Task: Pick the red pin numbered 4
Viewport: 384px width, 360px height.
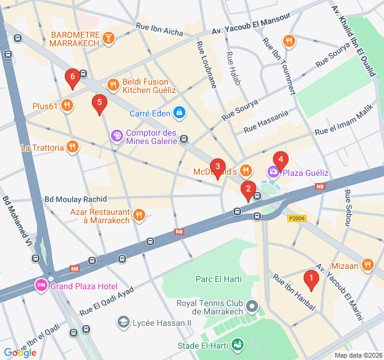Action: (280, 160)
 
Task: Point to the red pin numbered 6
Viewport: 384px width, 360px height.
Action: (73, 77)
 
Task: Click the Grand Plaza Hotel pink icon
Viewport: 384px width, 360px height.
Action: (41, 284)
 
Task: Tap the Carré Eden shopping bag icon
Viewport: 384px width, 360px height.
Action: (179, 112)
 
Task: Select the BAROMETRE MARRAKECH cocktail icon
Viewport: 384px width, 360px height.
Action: (108, 38)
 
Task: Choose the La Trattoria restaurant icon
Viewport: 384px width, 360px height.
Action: (73, 146)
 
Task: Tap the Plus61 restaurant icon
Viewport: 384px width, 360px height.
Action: (67, 106)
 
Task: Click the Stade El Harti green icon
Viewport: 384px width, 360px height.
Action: (238, 345)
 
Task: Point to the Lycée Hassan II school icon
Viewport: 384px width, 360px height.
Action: (123, 322)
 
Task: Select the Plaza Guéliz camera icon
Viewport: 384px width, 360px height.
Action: (274, 173)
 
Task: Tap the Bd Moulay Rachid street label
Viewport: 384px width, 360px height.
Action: (76, 199)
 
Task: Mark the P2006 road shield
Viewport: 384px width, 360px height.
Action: (297, 218)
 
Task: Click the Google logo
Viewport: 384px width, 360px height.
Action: (20, 353)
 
